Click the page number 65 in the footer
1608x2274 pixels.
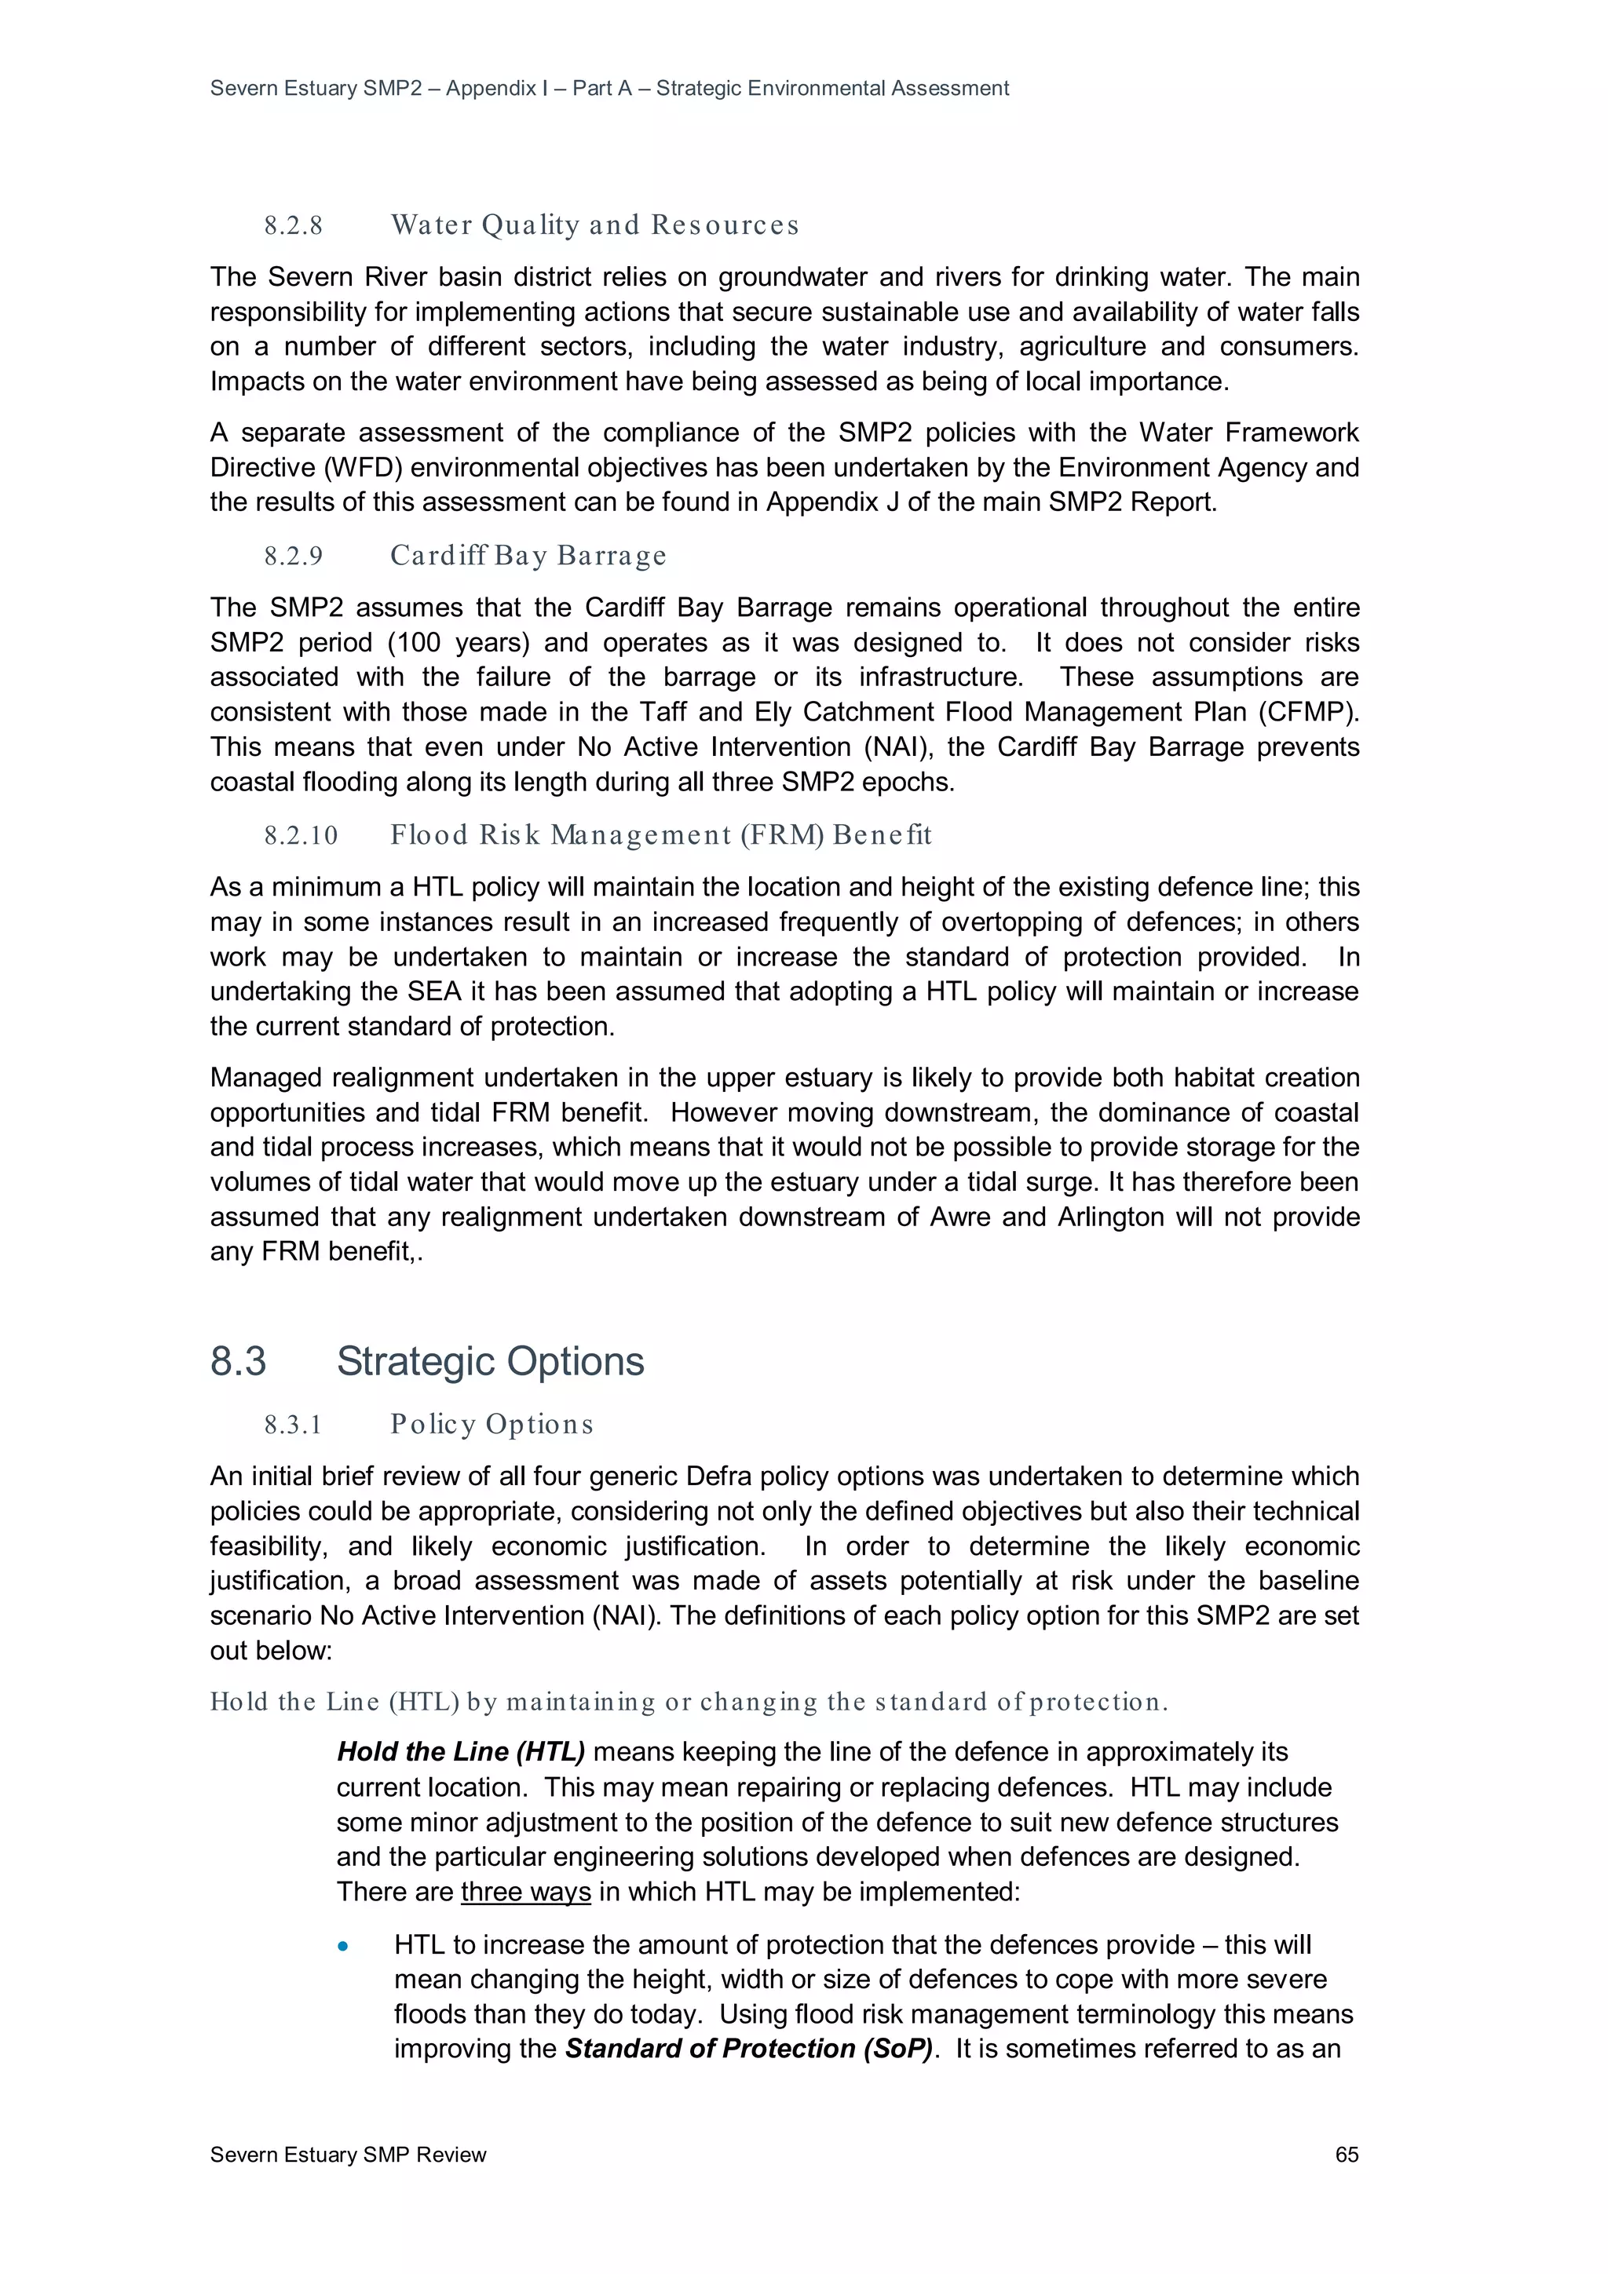coord(1346,2154)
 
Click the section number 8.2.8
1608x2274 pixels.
coord(294,226)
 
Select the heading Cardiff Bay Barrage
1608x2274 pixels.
coord(528,556)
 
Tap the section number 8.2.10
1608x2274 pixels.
coord(300,836)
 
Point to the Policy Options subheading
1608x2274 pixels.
coord(492,1424)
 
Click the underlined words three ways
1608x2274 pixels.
coord(525,1892)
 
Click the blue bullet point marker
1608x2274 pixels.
coord(343,1946)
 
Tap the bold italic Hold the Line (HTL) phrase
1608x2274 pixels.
coord(461,1752)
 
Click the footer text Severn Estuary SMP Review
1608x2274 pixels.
coord(348,2154)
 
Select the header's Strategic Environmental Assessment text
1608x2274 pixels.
coord(832,88)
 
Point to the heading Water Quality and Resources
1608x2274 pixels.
coord(594,226)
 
